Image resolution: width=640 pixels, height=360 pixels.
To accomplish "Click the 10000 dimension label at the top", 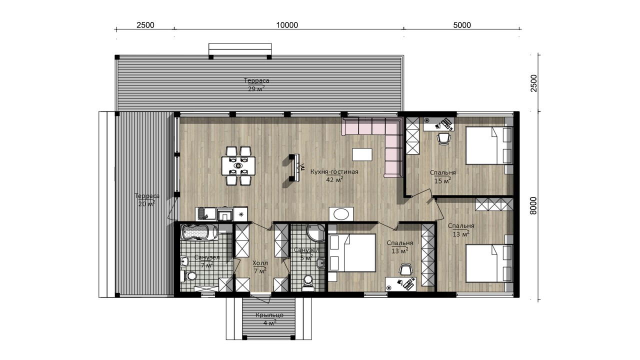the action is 287,25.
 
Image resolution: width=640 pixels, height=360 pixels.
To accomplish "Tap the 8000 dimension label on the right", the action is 533,205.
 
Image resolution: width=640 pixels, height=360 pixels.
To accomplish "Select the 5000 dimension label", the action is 462,25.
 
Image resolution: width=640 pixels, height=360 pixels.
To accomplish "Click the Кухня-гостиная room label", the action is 334,171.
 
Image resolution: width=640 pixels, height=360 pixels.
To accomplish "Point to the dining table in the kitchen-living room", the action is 238,165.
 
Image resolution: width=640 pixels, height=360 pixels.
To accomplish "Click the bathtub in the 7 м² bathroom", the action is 196,232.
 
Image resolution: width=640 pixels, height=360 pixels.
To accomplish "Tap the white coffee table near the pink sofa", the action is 362,154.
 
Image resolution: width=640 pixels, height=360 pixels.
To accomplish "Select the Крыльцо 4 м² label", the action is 269,319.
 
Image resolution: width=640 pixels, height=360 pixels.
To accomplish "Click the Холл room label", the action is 260,262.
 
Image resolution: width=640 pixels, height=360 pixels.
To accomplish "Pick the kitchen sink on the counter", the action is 203,213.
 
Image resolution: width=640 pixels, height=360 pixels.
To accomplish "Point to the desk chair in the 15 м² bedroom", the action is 443,138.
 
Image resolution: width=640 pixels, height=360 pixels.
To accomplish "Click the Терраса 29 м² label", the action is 256,84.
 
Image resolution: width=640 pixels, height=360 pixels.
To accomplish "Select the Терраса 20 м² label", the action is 147,199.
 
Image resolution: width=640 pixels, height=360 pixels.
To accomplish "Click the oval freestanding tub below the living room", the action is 341,214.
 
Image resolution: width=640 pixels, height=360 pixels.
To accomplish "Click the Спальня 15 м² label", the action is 442,177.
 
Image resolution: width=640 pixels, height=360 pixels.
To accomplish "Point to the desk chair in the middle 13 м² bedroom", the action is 405,269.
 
